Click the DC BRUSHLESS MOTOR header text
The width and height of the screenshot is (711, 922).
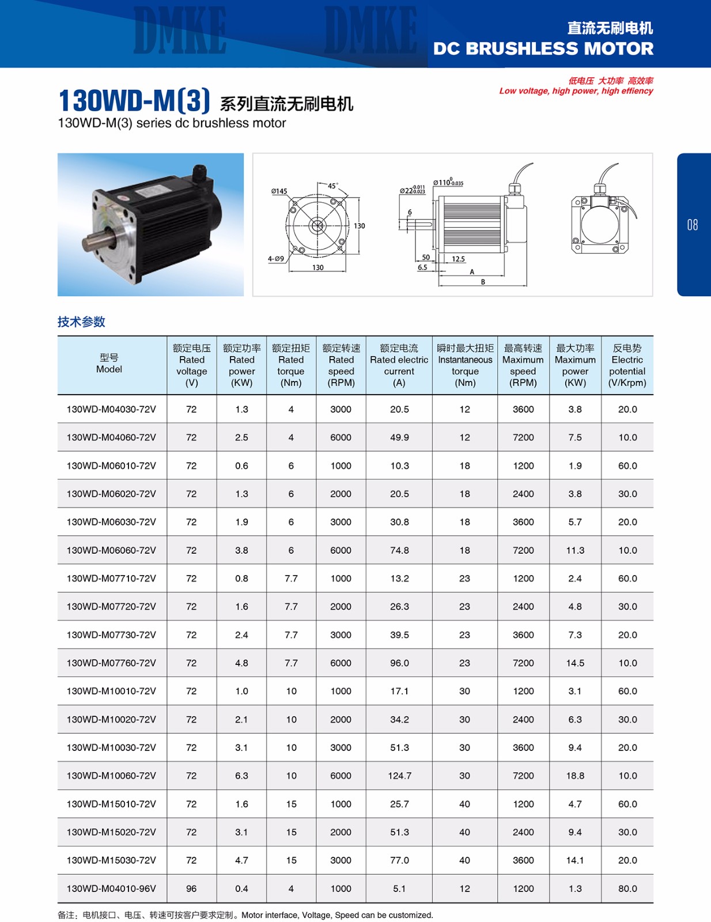[543, 48]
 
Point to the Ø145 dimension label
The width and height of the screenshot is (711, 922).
[279, 191]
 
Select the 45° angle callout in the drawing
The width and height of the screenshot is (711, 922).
[332, 186]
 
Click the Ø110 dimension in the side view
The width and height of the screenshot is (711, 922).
[448, 183]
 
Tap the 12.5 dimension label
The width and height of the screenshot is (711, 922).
[458, 259]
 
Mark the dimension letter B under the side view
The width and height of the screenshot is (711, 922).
[483, 282]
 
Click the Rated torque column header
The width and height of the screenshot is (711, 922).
[291, 365]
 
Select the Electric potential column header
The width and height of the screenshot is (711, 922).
[627, 365]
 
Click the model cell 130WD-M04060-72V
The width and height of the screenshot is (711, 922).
[111, 437]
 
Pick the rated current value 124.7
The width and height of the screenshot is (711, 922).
[399, 776]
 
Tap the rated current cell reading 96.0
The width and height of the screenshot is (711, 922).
[399, 663]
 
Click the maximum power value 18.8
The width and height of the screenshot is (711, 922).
[575, 776]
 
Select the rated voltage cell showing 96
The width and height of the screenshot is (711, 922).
[191, 889]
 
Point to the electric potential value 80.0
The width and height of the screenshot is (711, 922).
[627, 889]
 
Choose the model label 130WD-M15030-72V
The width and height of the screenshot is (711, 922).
[111, 860]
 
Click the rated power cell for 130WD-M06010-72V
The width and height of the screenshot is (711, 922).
[241, 466]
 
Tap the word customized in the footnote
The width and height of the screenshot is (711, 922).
[410, 915]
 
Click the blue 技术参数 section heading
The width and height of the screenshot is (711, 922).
[81, 322]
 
